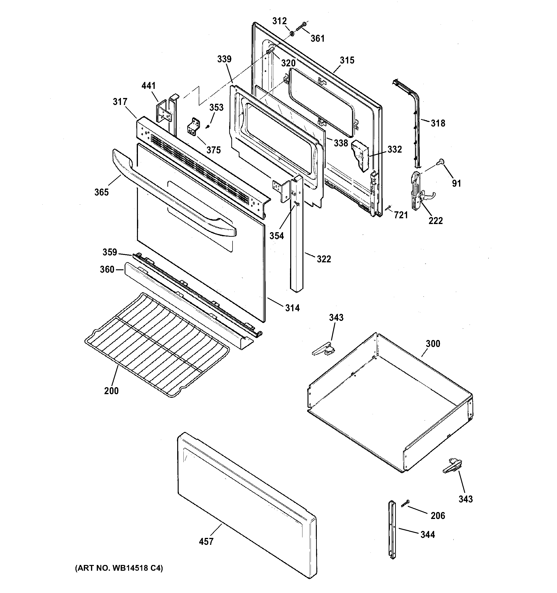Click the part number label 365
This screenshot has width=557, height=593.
click(101, 192)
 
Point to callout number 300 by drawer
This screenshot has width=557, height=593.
click(433, 344)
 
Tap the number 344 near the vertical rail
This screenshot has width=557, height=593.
click(428, 535)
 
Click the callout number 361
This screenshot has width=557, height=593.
click(318, 39)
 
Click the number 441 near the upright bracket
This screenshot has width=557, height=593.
click(148, 86)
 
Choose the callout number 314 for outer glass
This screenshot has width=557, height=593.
click(292, 308)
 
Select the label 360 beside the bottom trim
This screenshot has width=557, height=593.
click(107, 269)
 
